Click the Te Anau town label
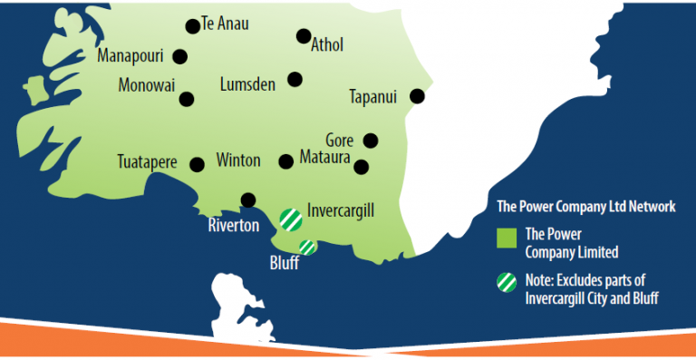click(x=226, y=24)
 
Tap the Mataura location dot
click(x=362, y=167)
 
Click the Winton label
click(x=238, y=161)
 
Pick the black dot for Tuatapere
click(x=197, y=164)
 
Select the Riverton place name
click(x=233, y=224)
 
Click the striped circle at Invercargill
click(x=290, y=218)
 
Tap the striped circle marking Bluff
click(x=308, y=246)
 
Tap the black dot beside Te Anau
click(x=192, y=26)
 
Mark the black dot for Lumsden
click(x=295, y=80)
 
